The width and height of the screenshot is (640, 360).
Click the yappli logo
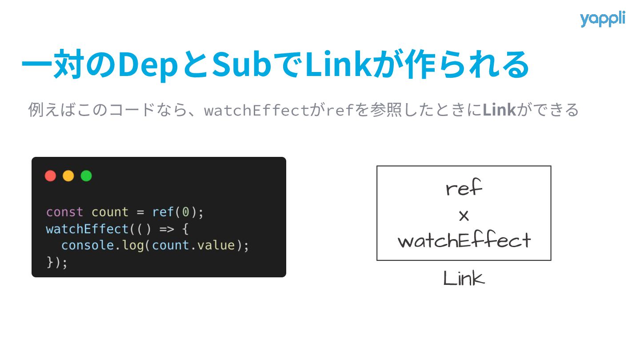tap(602, 20)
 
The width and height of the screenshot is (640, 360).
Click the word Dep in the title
tap(141, 65)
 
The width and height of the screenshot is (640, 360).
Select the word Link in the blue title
tap(339, 65)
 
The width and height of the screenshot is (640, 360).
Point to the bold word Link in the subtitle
tap(499, 110)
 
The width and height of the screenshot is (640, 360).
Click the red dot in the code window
tap(51, 176)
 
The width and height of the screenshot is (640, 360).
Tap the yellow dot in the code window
tap(68, 176)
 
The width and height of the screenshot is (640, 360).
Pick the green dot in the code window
tap(86, 176)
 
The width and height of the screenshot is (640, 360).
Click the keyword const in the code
tap(64, 212)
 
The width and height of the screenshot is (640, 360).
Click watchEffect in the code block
tap(87, 229)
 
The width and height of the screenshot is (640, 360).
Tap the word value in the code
tap(216, 245)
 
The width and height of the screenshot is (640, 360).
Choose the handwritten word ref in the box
tap(464, 189)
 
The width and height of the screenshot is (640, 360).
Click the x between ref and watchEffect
tap(464, 216)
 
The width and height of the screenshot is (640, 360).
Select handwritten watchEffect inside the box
tap(464, 241)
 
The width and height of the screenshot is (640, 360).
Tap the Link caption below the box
tap(464, 279)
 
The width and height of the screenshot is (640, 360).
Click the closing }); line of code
tap(57, 262)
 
